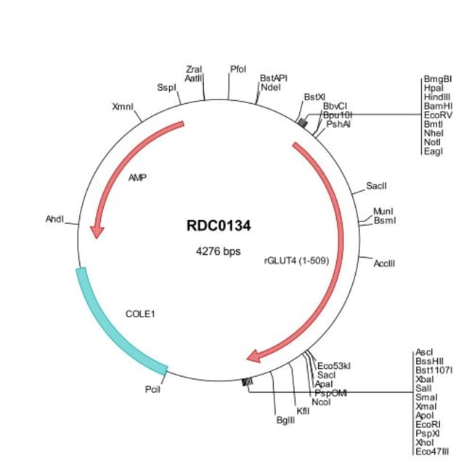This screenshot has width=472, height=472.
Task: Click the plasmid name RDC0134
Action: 219,226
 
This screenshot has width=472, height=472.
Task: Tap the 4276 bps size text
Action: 219,252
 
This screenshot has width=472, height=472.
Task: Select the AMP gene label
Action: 137,177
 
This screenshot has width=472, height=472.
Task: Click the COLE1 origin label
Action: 141,314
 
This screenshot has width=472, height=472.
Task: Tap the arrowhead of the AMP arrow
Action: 96,231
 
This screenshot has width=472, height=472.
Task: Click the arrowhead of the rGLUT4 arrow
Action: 255,355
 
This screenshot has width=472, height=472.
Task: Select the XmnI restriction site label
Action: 123,107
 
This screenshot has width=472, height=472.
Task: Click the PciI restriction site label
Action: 152,389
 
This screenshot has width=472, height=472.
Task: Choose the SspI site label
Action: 166,88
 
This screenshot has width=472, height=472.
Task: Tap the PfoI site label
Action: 238,69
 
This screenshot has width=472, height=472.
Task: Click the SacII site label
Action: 376,187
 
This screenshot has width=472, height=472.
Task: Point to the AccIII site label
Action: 385,263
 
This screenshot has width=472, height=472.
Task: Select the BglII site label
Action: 285,420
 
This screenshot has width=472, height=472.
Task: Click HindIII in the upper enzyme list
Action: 438,97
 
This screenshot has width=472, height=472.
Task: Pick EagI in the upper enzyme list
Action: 433,151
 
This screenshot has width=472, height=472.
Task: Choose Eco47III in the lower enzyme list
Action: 432,451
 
